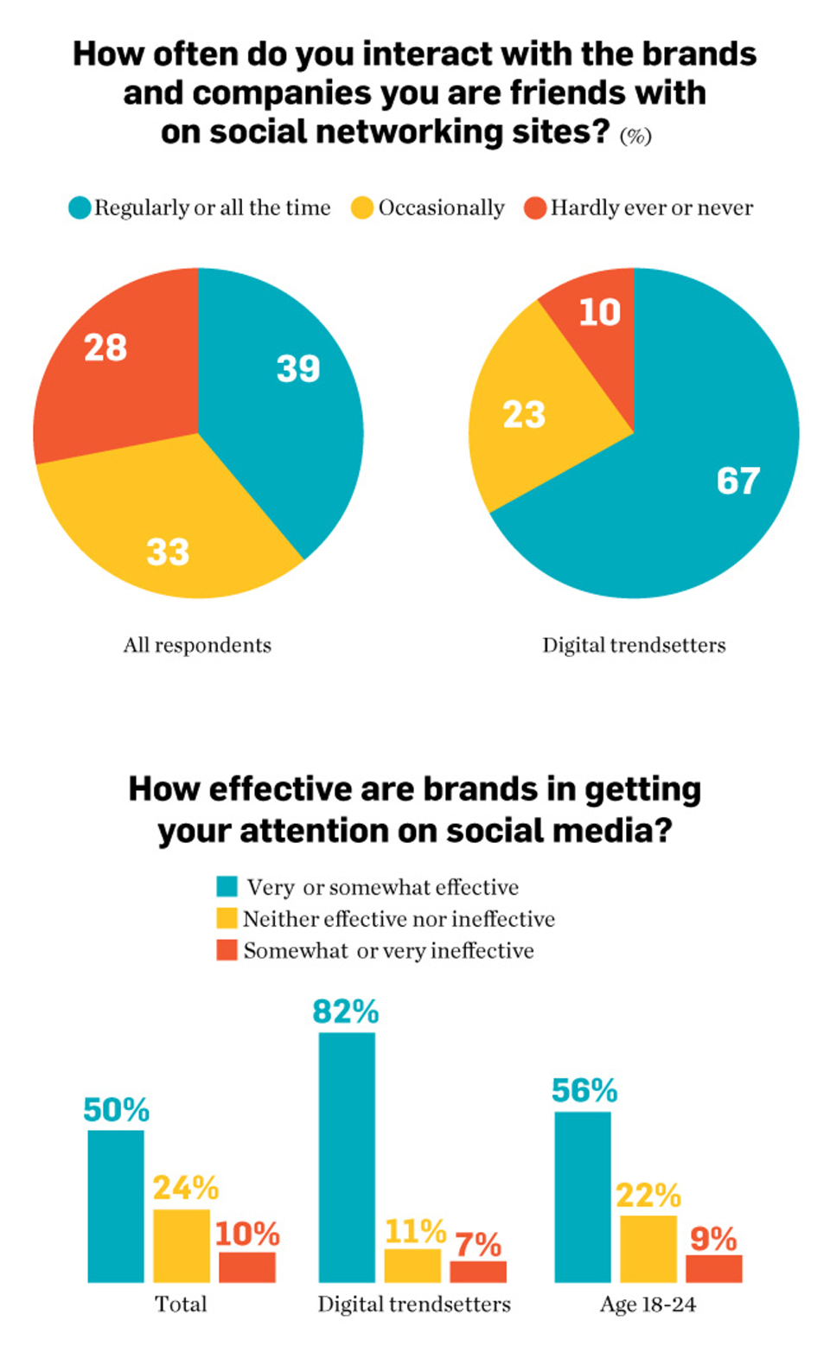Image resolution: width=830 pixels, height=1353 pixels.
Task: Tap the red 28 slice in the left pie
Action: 112,363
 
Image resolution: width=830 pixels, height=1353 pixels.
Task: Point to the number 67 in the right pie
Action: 737,481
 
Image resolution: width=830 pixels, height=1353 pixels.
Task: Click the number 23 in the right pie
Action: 524,415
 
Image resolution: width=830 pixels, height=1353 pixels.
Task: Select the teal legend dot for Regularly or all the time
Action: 80,208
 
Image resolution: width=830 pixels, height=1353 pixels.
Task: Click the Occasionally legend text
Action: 441,208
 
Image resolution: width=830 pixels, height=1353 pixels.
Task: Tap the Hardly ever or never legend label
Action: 651,208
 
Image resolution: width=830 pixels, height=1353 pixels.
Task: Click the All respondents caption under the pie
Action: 197,645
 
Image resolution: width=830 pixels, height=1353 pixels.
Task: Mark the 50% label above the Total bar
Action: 116,1109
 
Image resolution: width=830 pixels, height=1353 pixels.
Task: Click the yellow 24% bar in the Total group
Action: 182,1245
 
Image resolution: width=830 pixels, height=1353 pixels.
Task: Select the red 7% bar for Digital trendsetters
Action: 478,1271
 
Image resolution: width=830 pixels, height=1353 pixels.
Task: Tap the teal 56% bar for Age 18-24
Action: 583,1197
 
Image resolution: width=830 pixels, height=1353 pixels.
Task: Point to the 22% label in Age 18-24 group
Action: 648,1195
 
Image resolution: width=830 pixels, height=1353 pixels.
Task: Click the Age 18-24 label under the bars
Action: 648,1305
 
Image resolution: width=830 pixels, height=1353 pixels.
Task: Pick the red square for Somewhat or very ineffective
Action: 227,950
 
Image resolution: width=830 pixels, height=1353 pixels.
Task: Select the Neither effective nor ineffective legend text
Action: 399,919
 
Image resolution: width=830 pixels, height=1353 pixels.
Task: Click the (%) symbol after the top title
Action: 635,137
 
